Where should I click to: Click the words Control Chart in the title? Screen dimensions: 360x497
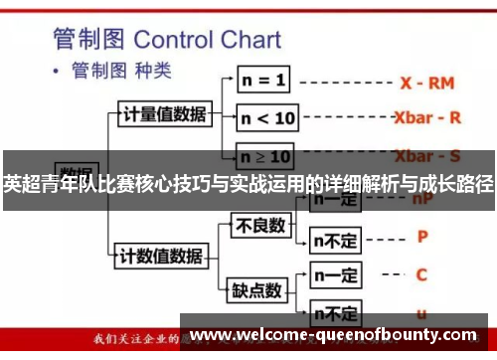coord(208,41)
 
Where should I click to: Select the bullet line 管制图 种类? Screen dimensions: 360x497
coord(118,73)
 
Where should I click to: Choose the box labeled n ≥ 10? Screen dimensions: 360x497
coord(266,156)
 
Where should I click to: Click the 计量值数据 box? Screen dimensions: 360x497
coord(163,114)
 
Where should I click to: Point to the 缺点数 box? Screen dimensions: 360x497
coord(257,290)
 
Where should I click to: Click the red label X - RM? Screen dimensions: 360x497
coord(427,84)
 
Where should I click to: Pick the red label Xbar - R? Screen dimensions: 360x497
coord(427,117)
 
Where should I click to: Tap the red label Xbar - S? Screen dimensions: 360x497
coord(427,156)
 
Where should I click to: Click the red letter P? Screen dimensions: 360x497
coord(422,237)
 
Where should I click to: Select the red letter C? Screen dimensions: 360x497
coord(422,273)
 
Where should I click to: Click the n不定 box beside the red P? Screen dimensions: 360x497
coord(336,239)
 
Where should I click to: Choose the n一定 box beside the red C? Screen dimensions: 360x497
coord(335,273)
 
